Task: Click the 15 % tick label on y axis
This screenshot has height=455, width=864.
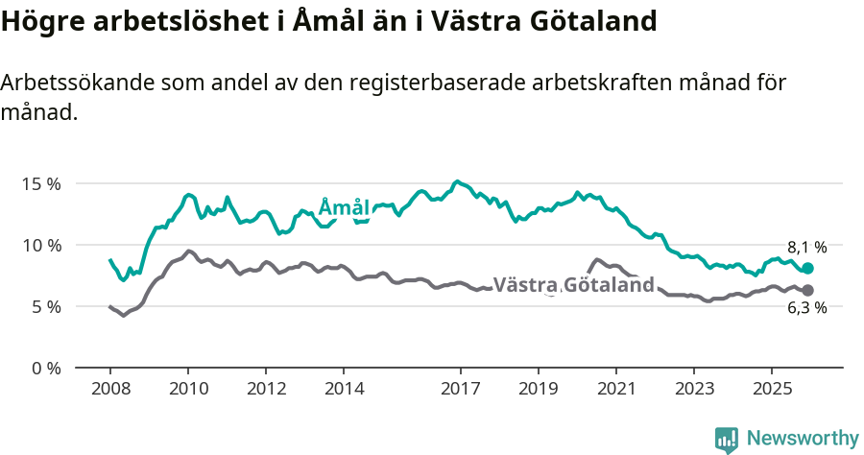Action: [x=40, y=183]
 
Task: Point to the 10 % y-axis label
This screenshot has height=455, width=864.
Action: [x=40, y=245]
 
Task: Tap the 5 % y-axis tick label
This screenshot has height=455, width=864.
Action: [x=44, y=306]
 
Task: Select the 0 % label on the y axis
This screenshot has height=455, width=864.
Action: [x=44, y=368]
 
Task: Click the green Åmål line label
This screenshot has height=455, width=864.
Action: [x=344, y=208]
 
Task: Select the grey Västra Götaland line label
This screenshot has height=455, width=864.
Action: [x=573, y=284]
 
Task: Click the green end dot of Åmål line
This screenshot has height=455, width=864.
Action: [x=807, y=269]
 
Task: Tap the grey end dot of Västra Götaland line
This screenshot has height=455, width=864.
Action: [x=807, y=290]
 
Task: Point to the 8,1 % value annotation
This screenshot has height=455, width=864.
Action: [x=806, y=247]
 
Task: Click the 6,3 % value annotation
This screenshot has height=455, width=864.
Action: [x=806, y=308]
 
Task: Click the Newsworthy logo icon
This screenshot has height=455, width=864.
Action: [x=727, y=440]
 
